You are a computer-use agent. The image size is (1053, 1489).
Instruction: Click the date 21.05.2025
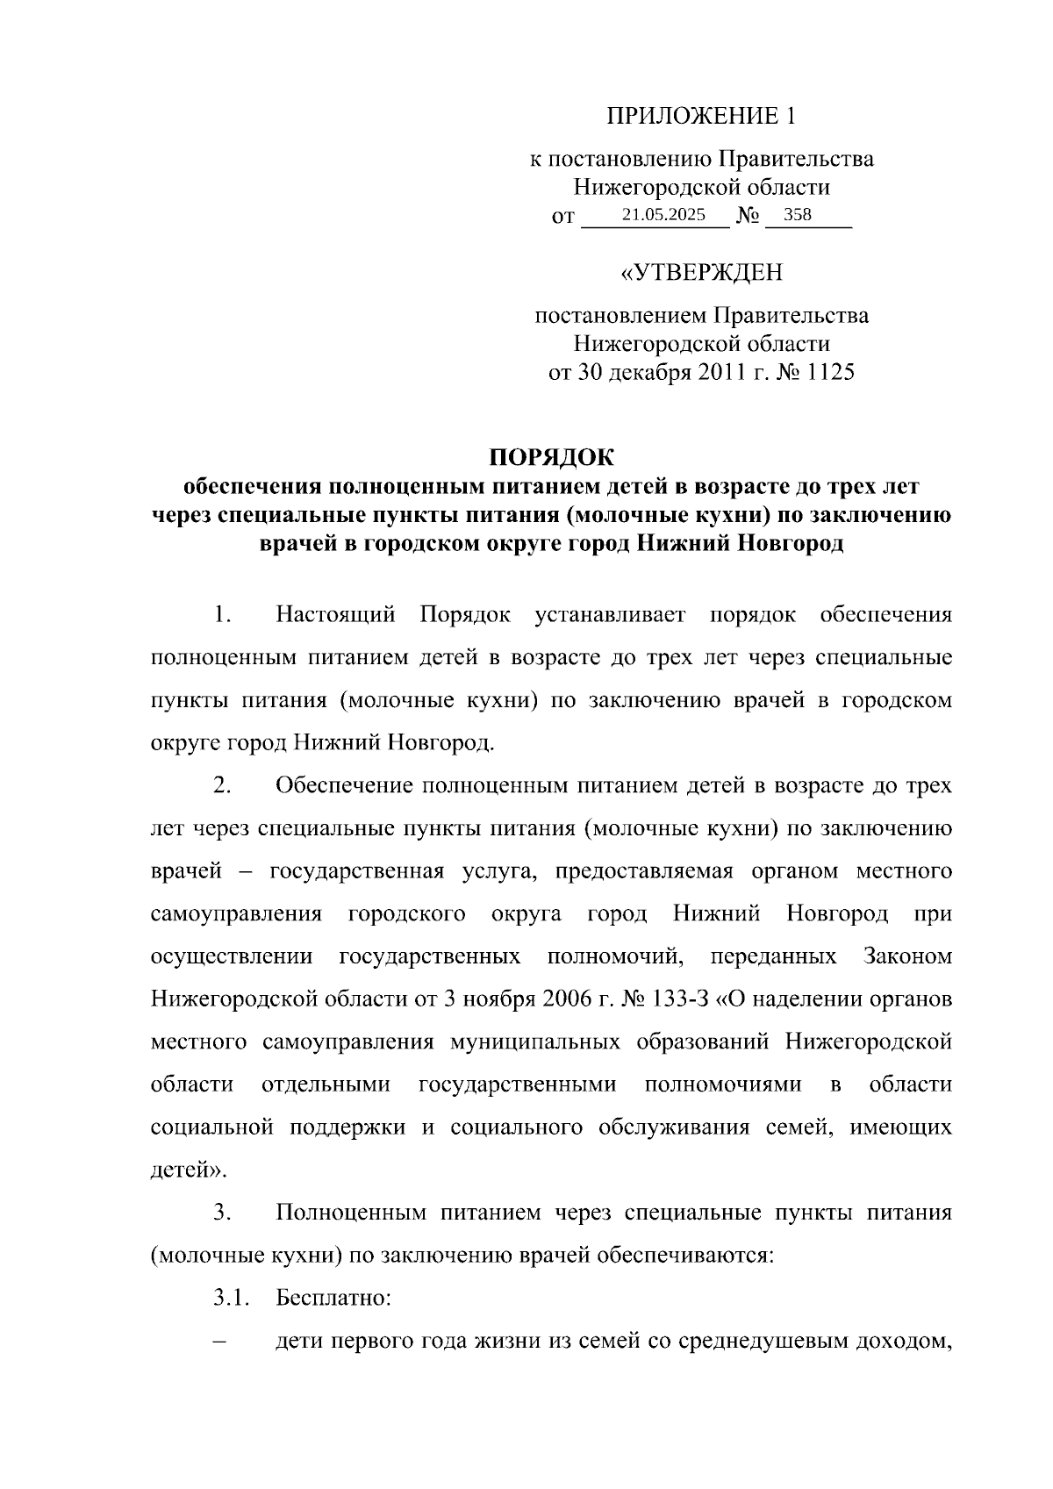coord(663,215)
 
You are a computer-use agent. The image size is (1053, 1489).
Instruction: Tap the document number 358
coord(798,215)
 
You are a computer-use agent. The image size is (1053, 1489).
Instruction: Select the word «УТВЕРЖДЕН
coord(701,273)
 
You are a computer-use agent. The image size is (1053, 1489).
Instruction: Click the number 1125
coord(829,372)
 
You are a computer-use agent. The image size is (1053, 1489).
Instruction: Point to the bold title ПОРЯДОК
coord(551,457)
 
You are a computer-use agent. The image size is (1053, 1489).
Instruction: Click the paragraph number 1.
coord(221,614)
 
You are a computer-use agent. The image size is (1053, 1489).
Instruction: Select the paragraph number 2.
coord(221,784)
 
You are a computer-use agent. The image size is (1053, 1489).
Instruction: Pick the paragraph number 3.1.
coord(232,1297)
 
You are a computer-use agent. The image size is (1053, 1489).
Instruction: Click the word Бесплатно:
coord(333,1297)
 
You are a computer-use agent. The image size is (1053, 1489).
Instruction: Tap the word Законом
coord(907,956)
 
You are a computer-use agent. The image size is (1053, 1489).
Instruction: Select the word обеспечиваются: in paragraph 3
coord(685,1255)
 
